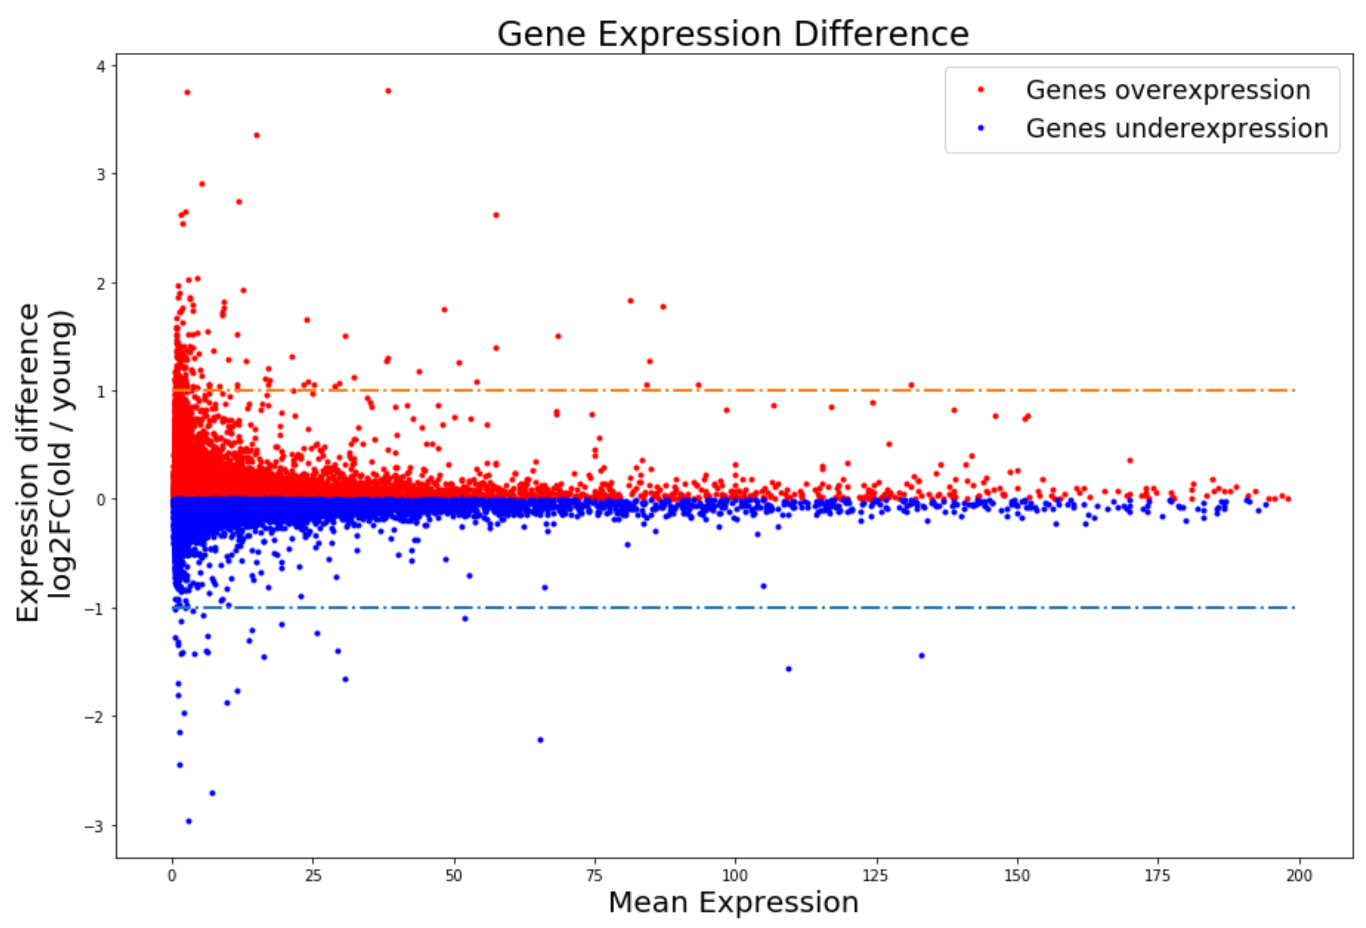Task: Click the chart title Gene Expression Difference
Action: coord(732,34)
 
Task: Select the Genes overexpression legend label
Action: coord(1168,90)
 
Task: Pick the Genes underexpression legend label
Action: coord(1177,128)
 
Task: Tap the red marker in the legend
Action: coord(981,90)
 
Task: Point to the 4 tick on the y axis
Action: coord(101,67)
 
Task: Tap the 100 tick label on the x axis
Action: coord(735,876)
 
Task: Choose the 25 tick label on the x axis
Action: coord(313,876)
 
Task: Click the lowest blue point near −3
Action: coord(189,821)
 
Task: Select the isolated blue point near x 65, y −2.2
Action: coord(541,740)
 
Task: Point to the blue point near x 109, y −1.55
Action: coord(789,669)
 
